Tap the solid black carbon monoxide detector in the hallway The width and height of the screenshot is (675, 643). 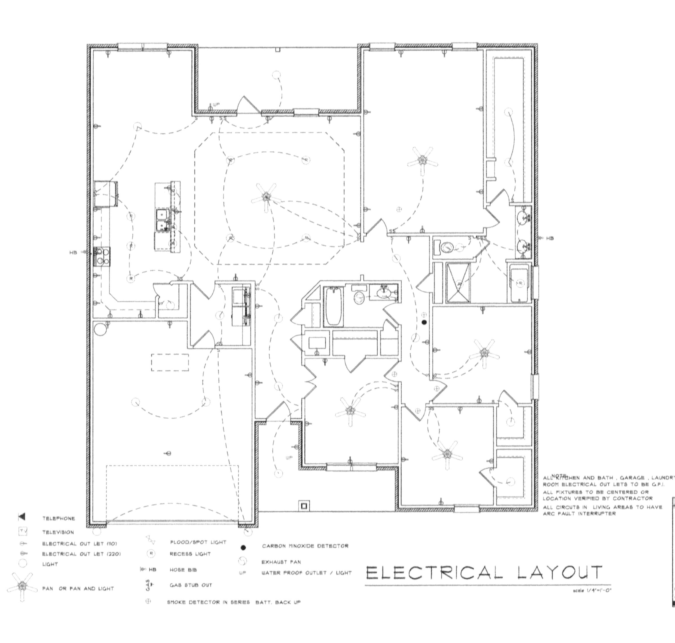[424, 322]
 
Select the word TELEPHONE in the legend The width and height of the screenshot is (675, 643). [58, 518]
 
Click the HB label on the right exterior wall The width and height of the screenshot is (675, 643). [550, 238]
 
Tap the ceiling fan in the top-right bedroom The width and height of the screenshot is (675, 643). [423, 160]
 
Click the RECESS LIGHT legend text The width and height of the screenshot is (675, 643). [190, 554]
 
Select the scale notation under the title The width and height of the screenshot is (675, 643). [592, 591]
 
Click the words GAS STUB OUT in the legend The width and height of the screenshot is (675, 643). [191, 585]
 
